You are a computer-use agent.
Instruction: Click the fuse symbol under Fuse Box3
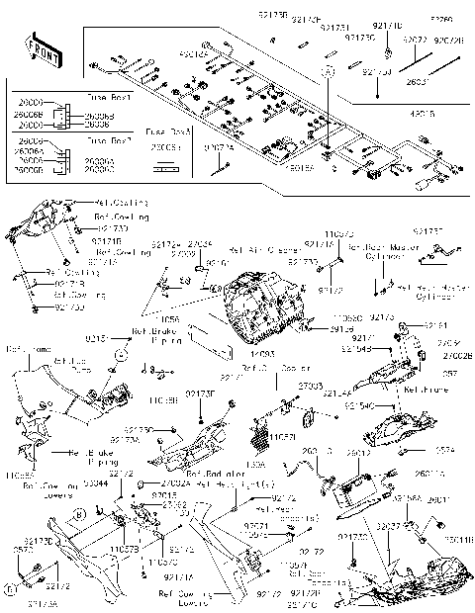point(163,163)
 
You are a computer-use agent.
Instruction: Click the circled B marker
point(119,353)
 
